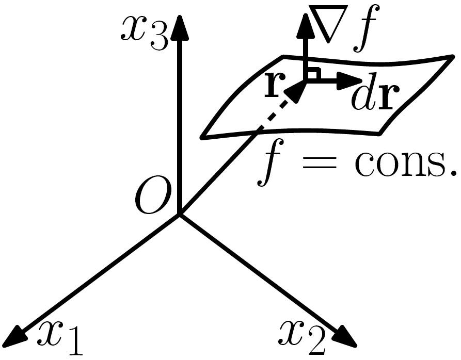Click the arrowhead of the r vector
pyautogui.click(x=294, y=92)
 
